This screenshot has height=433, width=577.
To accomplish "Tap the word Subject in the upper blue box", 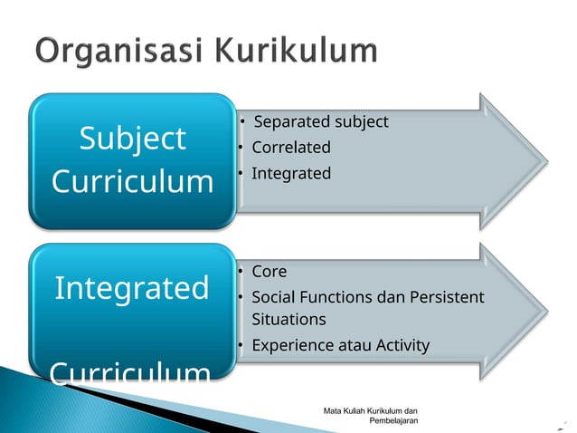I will click(x=132, y=139).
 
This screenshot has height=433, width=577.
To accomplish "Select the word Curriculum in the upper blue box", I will click(x=132, y=181).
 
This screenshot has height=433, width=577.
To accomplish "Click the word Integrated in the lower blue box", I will click(x=132, y=288).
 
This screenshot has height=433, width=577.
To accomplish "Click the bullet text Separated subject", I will click(x=321, y=121).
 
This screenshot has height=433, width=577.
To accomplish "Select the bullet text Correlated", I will click(x=290, y=148).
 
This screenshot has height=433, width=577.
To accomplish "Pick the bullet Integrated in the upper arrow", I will click(x=290, y=173).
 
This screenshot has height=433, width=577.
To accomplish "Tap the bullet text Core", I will click(x=269, y=272).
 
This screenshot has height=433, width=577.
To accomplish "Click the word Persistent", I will click(x=445, y=297).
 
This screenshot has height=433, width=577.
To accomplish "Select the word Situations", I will click(x=288, y=320).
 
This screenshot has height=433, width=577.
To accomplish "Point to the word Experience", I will click(x=292, y=345).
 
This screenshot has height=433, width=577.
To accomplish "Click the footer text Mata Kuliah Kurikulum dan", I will click(x=376, y=412).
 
